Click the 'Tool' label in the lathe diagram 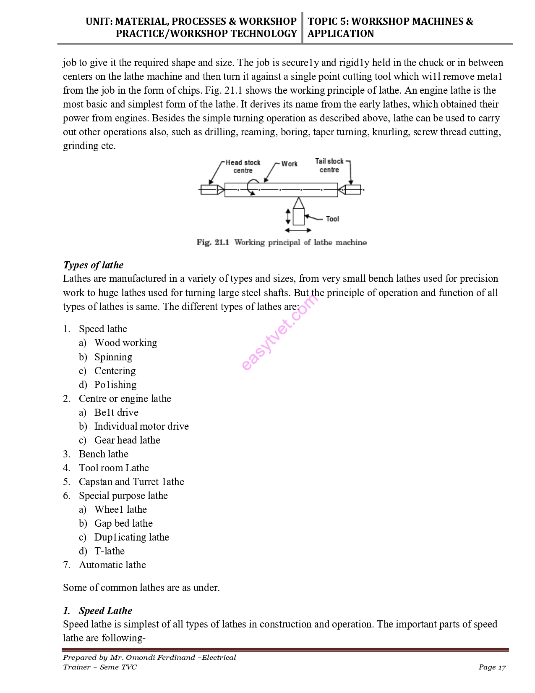[332, 219]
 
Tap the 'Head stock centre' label [243, 166]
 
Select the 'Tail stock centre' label [329, 165]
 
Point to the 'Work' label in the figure [289, 164]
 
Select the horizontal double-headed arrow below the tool [298, 230]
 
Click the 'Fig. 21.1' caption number [213, 242]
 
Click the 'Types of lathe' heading [93, 265]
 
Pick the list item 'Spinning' [113, 357]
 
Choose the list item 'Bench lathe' [104, 454]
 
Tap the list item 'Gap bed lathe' [123, 523]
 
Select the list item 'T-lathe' [110, 551]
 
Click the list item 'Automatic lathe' [112, 565]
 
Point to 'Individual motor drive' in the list [141, 426]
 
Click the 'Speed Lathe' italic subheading [105, 611]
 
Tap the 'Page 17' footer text [492, 667]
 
